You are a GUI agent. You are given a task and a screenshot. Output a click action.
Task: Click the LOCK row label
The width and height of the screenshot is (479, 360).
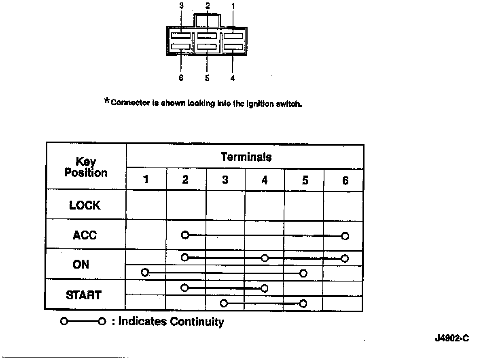tap(85, 205)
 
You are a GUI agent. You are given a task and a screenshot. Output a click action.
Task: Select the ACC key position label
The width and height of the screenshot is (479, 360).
tap(85, 235)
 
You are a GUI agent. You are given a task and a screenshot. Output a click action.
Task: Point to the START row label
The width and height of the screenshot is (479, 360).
tap(83, 295)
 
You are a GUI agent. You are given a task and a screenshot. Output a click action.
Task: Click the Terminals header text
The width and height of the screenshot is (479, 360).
tap(246, 157)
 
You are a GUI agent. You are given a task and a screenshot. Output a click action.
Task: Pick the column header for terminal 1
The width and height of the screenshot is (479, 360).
tap(146, 180)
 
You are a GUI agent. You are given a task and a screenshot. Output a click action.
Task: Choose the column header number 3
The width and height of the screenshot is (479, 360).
tap(225, 180)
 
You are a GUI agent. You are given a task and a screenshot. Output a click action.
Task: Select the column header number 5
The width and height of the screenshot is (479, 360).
tap(305, 180)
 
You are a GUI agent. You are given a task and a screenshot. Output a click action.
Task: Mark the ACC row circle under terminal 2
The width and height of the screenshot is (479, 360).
tap(185, 235)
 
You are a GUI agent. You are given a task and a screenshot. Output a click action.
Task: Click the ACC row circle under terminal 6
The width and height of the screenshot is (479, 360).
tap(345, 236)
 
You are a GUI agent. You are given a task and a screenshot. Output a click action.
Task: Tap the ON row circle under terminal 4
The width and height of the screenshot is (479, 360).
tap(265, 258)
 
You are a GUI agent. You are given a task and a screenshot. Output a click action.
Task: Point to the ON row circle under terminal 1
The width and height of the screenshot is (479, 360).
tap(145, 272)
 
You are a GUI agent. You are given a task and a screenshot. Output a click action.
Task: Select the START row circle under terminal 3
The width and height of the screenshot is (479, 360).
tap(224, 303)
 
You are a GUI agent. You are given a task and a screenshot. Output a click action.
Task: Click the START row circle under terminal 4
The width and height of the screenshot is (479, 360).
tap(265, 288)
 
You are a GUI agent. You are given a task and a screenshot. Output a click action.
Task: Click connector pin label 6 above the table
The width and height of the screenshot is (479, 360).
tap(181, 78)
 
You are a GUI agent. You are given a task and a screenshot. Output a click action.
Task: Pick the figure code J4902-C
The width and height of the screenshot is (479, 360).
tap(452, 339)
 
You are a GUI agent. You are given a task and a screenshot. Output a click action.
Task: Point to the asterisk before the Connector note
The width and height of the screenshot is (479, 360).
tap(107, 101)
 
